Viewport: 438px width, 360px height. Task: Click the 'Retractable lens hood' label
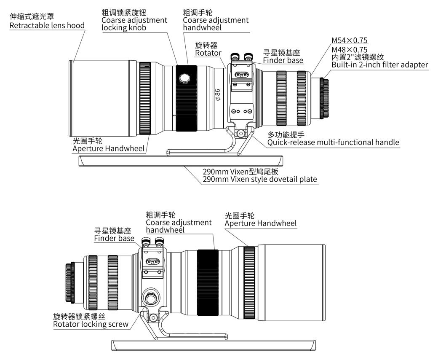(47, 25)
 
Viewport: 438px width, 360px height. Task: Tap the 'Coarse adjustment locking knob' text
(134, 24)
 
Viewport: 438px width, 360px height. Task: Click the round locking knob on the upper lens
(184, 78)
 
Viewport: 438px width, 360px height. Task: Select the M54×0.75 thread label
(349, 40)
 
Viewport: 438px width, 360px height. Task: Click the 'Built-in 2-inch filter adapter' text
(379, 64)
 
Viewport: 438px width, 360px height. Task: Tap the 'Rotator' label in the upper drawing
(208, 53)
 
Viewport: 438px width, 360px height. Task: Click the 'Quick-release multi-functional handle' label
(333, 142)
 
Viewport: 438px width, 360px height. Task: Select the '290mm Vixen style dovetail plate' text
(259, 179)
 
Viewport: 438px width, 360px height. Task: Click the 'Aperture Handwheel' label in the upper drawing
(109, 148)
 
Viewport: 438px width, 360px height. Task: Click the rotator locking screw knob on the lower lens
(151, 298)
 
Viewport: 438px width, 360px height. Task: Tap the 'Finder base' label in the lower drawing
(114, 238)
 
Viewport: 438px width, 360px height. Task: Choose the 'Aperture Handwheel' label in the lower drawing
(260, 223)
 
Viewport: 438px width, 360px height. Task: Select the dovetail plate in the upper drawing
(181, 161)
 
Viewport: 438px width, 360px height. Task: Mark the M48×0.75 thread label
(349, 49)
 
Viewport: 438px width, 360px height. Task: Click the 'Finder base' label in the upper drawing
(283, 60)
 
